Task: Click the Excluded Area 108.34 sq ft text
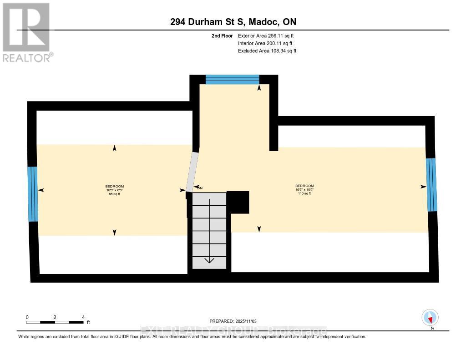click(267, 51)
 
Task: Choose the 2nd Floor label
click(222, 36)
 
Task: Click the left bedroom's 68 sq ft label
click(115, 194)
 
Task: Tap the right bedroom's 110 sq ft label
click(304, 193)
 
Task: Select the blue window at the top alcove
click(232, 80)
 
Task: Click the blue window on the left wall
click(32, 194)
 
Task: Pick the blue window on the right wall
click(431, 184)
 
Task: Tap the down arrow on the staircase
click(209, 260)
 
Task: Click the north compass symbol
click(430, 317)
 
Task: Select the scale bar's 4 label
click(83, 317)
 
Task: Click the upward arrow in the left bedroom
click(114, 148)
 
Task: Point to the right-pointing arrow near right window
click(423, 187)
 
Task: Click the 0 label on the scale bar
click(27, 317)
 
